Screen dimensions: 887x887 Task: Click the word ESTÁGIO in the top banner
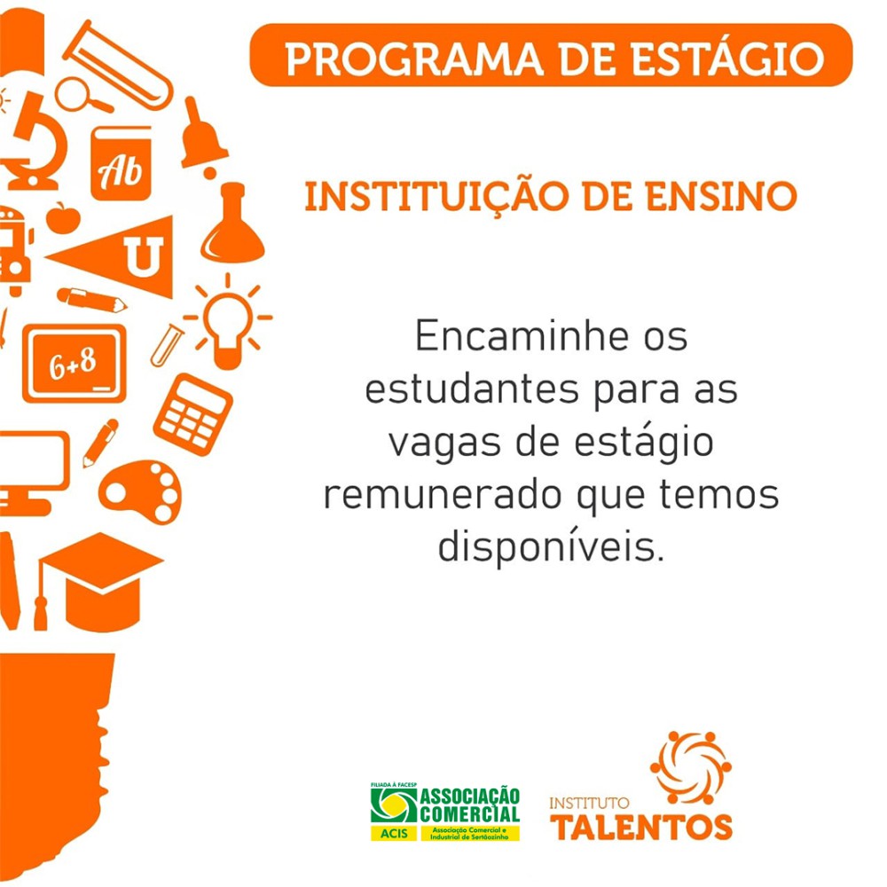tap(728, 59)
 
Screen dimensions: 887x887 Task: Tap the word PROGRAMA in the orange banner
tap(414, 59)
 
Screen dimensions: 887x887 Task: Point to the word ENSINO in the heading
tap(721, 196)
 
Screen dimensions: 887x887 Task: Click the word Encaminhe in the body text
tap(522, 336)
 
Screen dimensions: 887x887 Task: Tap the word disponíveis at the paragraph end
tap(551, 547)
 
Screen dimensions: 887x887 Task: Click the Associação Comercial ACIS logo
tap(444, 812)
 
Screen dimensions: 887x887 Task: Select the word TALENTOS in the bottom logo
tap(641, 828)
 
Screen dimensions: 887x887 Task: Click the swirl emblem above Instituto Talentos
tap(691, 767)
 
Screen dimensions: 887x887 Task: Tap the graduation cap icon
tap(99, 582)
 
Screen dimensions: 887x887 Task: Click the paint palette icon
tap(140, 492)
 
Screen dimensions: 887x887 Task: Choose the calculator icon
tap(192, 414)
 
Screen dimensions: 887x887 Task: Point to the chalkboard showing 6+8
tap(75, 364)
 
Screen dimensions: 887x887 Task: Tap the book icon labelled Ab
tap(121, 165)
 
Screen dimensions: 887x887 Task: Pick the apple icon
tap(63, 218)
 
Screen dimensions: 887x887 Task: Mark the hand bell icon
tap(201, 137)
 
